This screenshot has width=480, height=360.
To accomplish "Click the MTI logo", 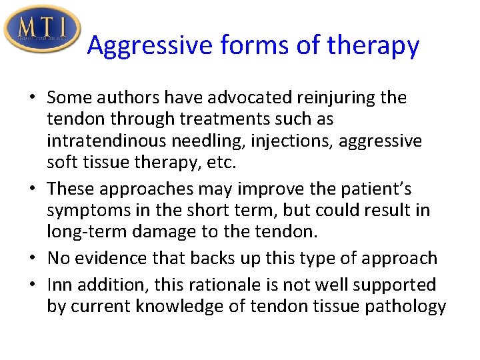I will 41,29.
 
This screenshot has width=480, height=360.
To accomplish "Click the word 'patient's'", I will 395,189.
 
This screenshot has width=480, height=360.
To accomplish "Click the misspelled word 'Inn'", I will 59,285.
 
